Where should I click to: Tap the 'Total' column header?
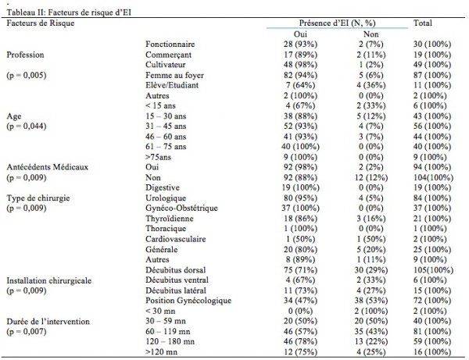(423, 25)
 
